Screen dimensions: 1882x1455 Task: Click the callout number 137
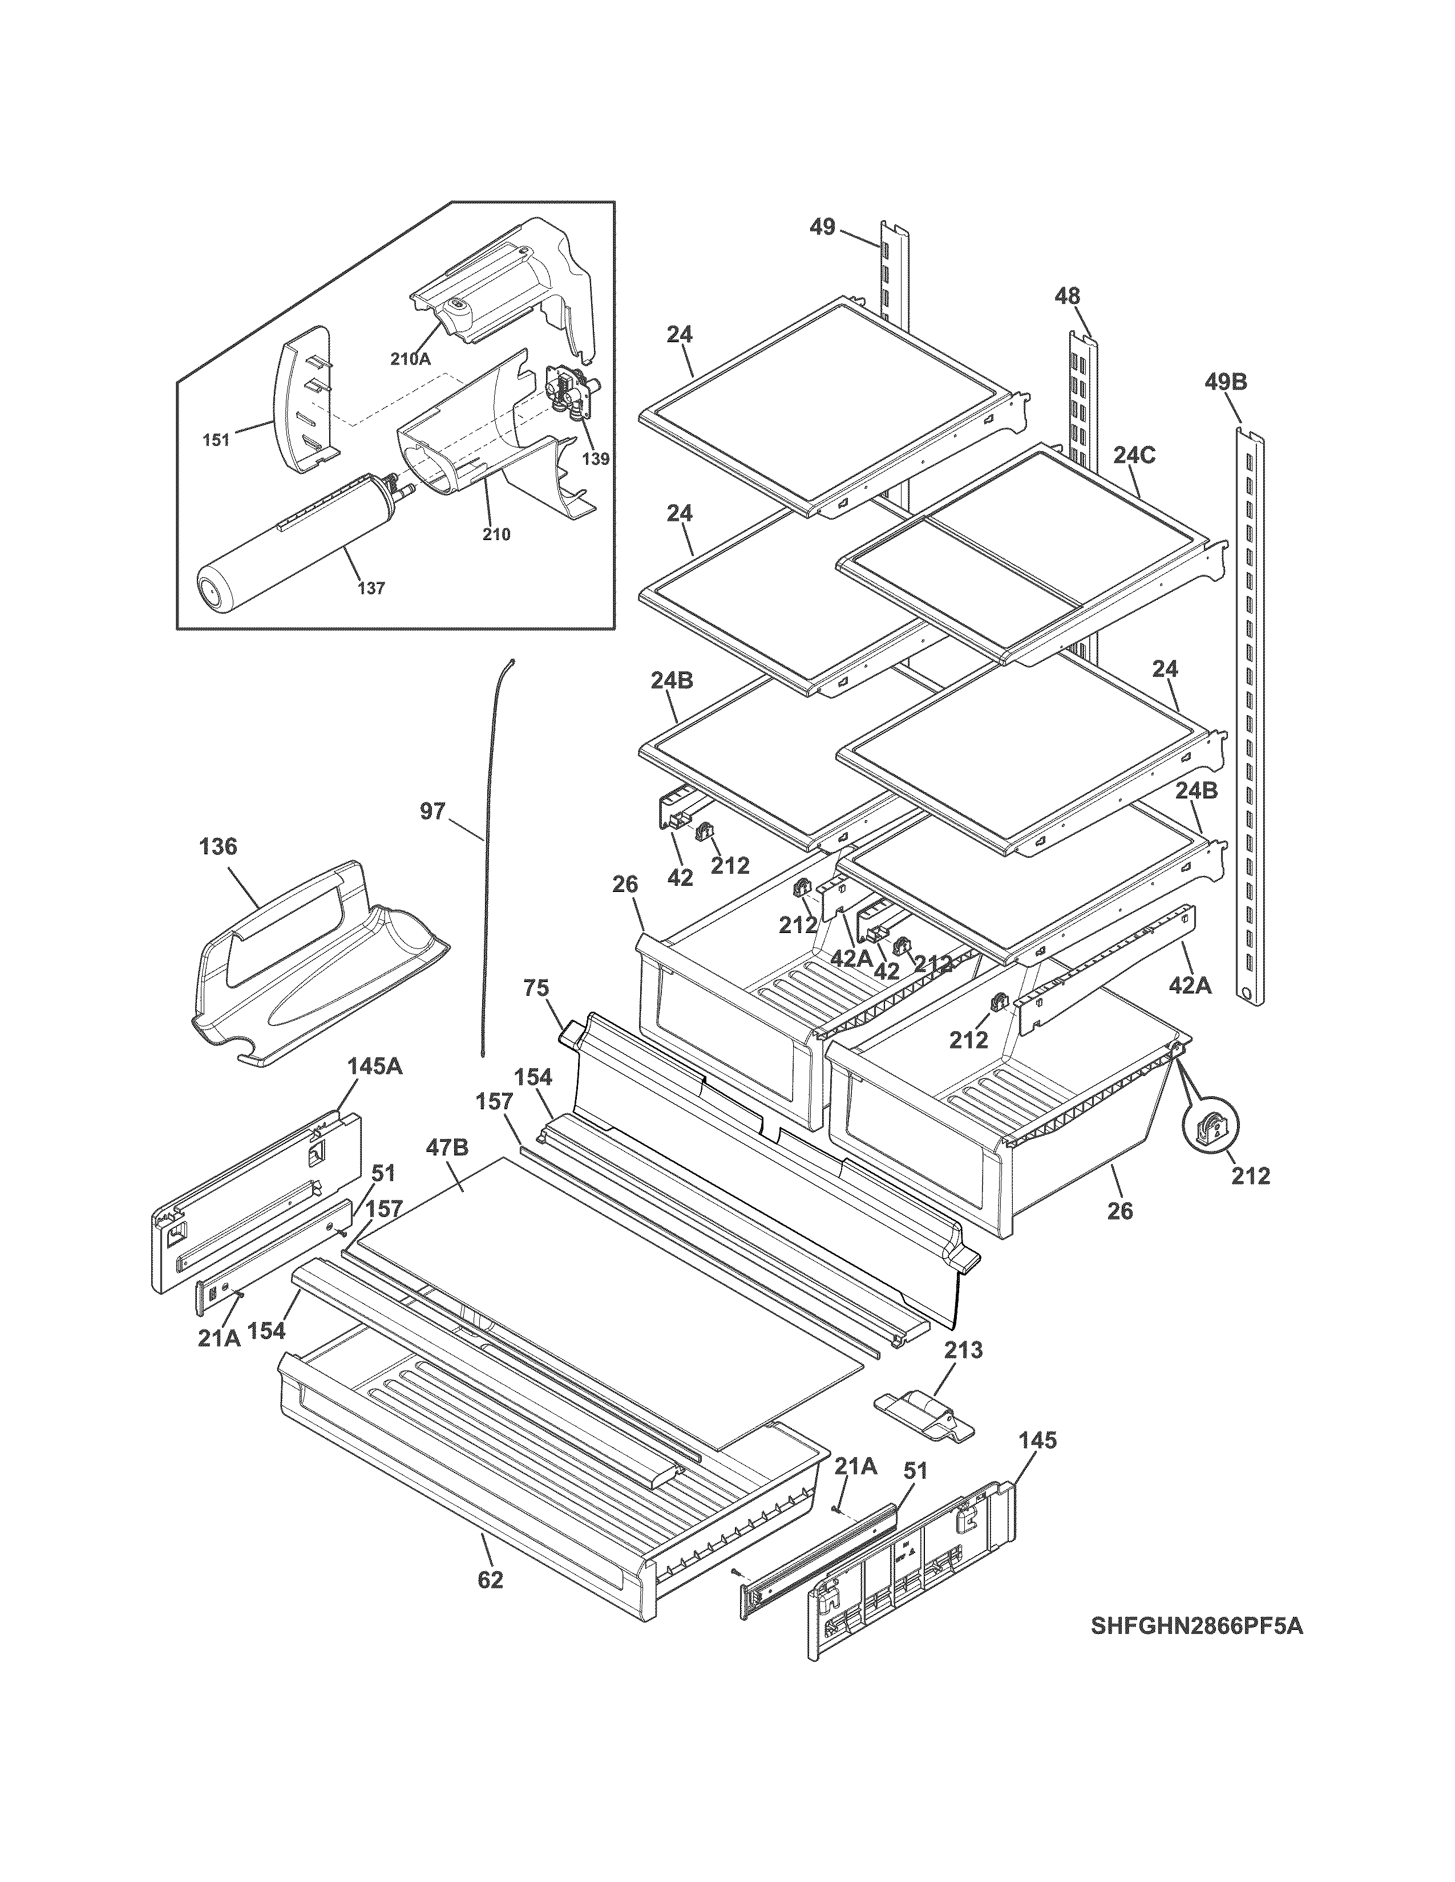pyautogui.click(x=371, y=589)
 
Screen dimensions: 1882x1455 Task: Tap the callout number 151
pyautogui.click(x=216, y=440)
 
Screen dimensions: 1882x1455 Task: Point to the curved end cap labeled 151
pyautogui.click(x=302, y=401)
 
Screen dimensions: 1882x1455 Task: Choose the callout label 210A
pyautogui.click(x=410, y=359)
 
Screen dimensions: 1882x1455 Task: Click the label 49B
pyautogui.click(x=1225, y=382)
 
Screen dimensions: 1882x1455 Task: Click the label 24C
pyautogui.click(x=1134, y=455)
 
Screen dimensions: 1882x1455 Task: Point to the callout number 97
pyautogui.click(x=433, y=811)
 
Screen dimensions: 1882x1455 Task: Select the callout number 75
pyautogui.click(x=536, y=988)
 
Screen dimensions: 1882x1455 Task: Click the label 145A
pyautogui.click(x=374, y=1066)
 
